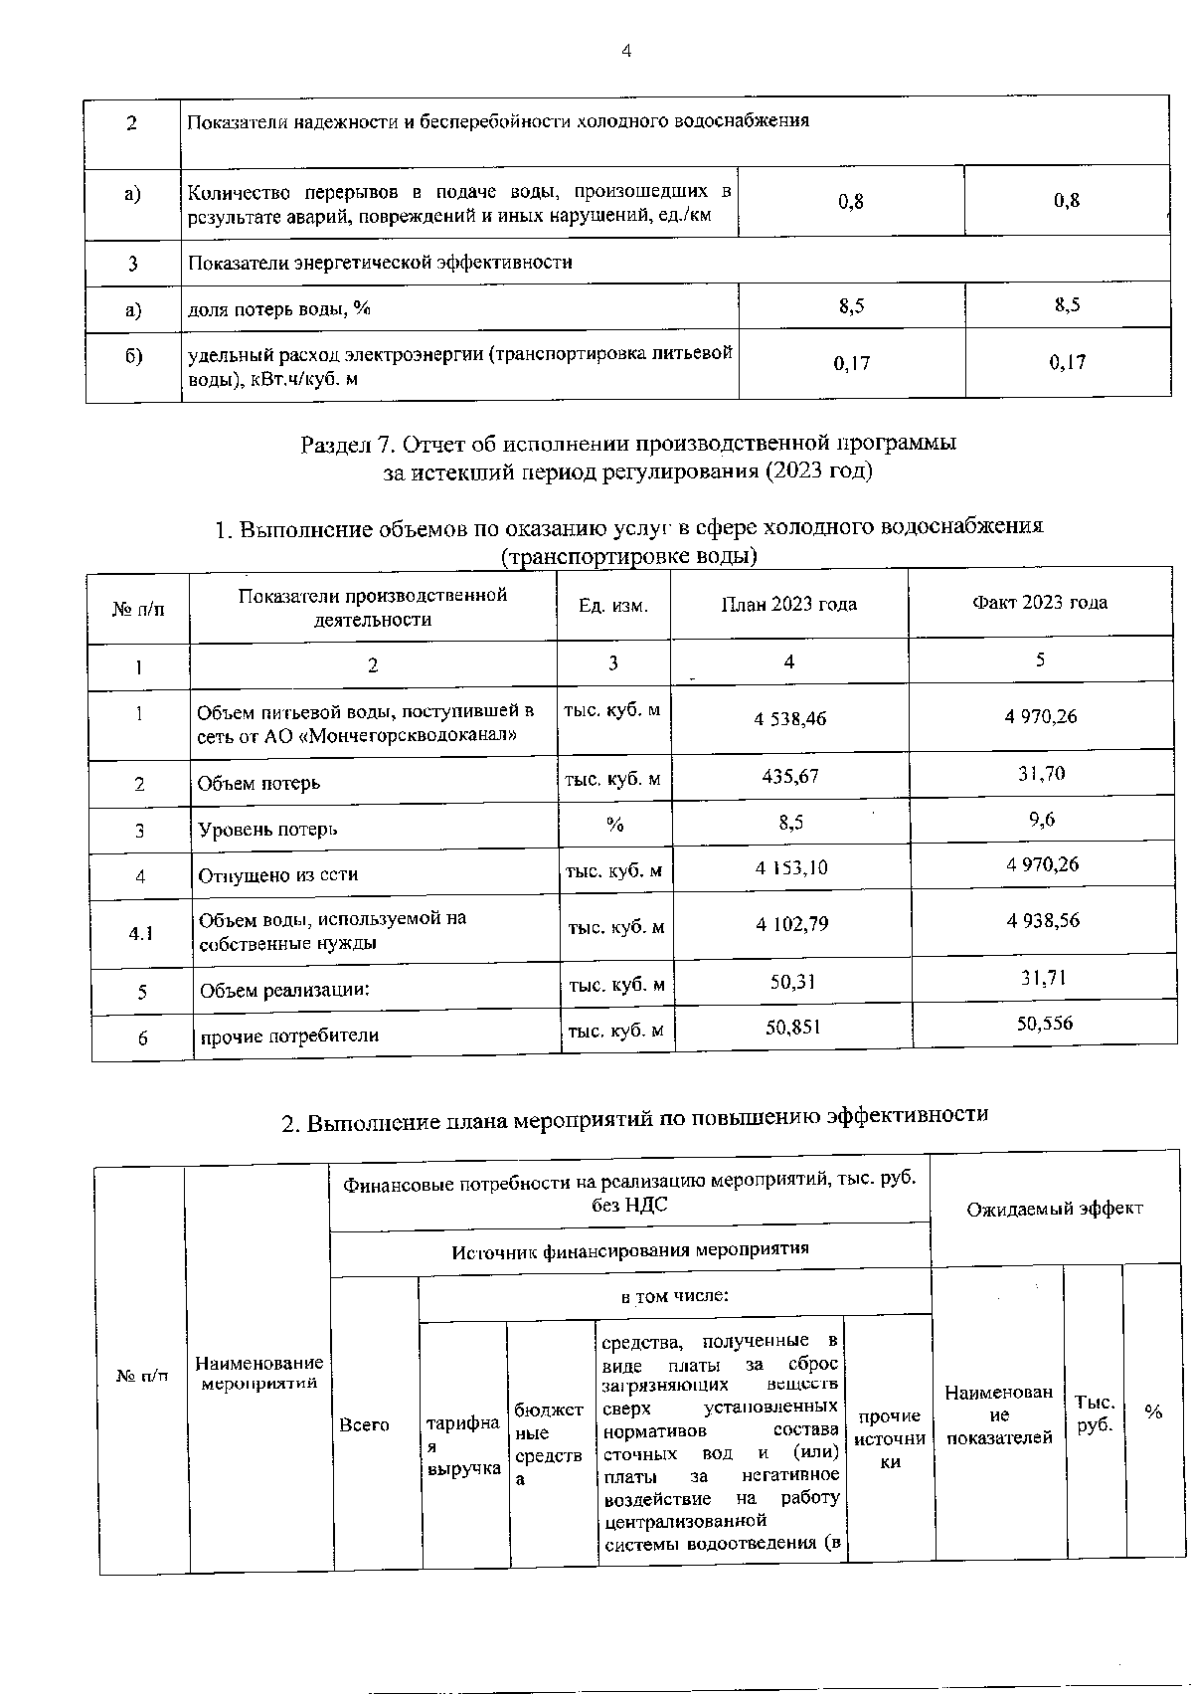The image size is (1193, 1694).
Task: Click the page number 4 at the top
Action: click(626, 52)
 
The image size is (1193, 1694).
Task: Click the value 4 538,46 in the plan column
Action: click(789, 717)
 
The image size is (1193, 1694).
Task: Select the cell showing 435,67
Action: click(789, 776)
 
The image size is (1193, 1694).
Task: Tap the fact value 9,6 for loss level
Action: click(1041, 820)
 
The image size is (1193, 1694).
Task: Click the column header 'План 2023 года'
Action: click(788, 604)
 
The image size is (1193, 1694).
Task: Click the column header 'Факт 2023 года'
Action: click(1040, 602)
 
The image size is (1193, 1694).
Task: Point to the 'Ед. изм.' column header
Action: click(613, 605)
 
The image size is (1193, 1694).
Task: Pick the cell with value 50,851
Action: click(793, 1027)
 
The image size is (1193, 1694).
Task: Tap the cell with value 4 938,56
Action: click(1042, 921)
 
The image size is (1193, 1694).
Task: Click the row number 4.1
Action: click(140, 933)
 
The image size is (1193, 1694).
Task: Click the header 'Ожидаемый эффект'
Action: click(1055, 1209)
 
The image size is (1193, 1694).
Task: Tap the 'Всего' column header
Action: click(364, 1424)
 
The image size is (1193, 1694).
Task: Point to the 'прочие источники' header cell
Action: click(890, 1438)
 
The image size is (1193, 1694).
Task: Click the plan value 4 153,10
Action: click(791, 867)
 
